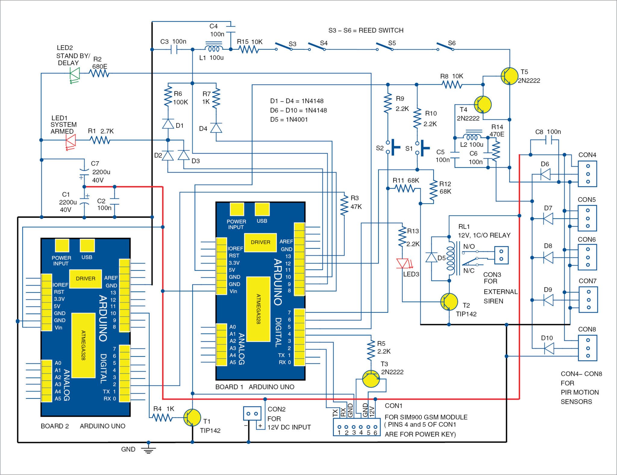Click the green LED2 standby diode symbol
pyautogui.click(x=75, y=73)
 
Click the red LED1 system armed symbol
pyautogui.click(x=71, y=140)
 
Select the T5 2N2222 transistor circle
pyautogui.click(x=509, y=76)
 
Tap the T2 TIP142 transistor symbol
pyautogui.click(x=449, y=301)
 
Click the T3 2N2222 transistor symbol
pyautogui.click(x=371, y=379)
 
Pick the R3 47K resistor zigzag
pyautogui.click(x=344, y=205)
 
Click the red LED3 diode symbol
pyautogui.click(x=402, y=263)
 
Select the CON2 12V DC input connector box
pyautogui.click(x=252, y=414)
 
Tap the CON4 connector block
pyautogui.click(x=587, y=174)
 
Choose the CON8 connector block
pyautogui.click(x=587, y=348)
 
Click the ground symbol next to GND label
pyautogui.click(x=148, y=450)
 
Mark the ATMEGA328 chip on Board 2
pyautogui.click(x=83, y=345)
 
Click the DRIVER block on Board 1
pyautogui.click(x=260, y=242)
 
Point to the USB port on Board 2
pyautogui.click(x=87, y=246)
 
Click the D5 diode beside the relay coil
pyautogui.click(x=431, y=258)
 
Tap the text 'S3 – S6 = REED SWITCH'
pyautogui.click(x=366, y=30)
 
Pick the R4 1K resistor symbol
pyautogui.click(x=162, y=418)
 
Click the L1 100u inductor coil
pyautogui.click(x=214, y=49)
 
